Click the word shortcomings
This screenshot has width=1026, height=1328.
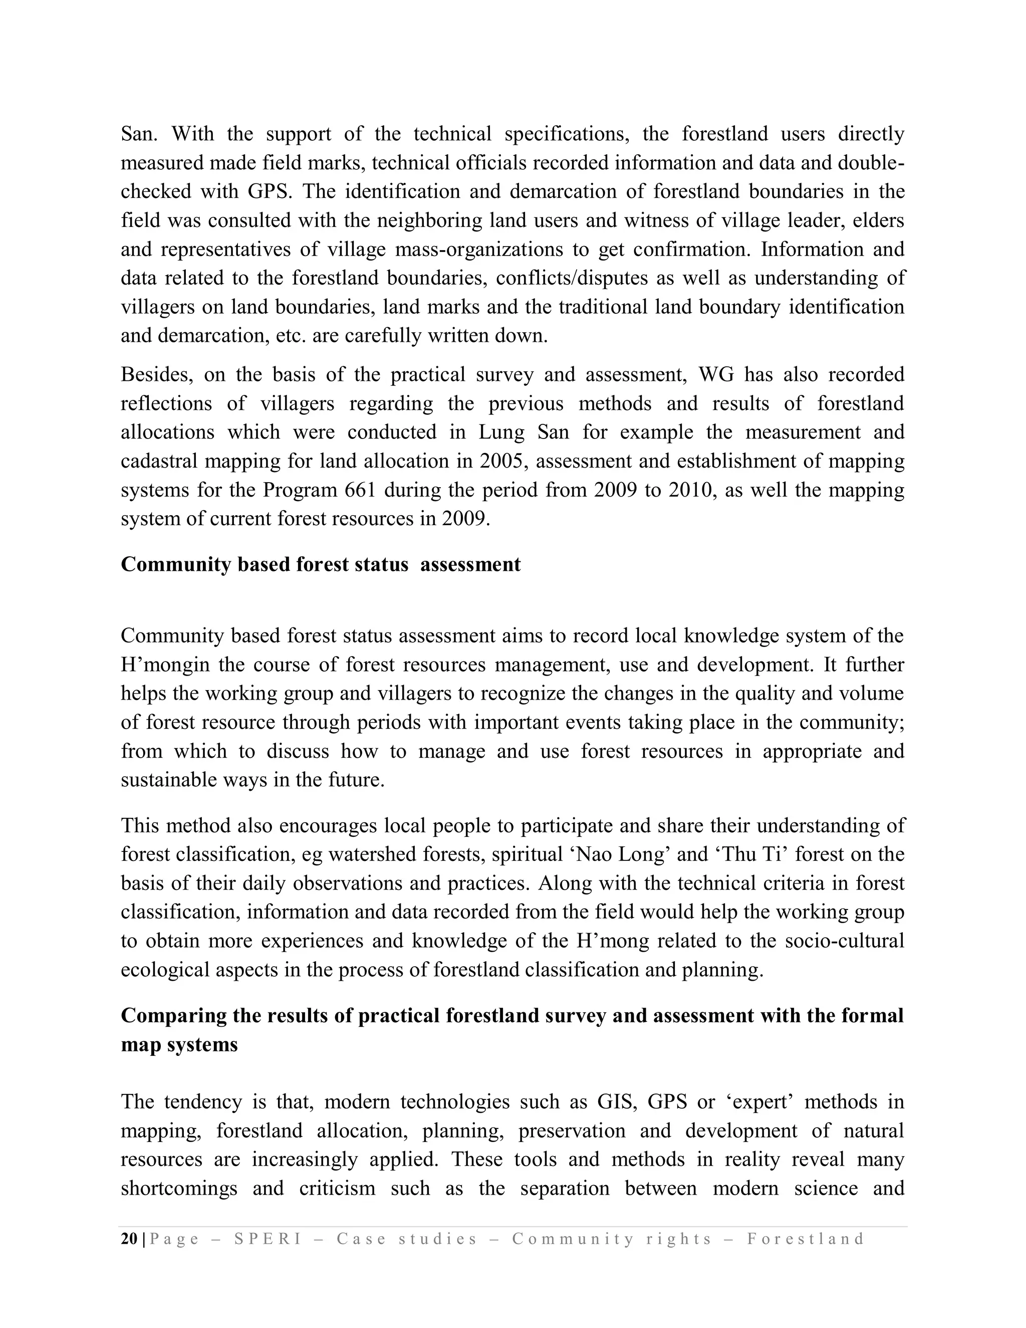click(x=179, y=1188)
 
